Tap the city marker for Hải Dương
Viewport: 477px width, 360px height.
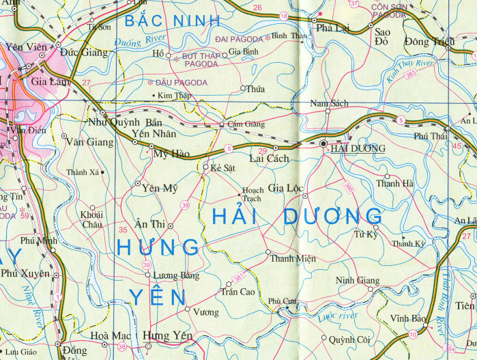click(x=323, y=143)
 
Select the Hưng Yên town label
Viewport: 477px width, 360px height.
click(x=168, y=335)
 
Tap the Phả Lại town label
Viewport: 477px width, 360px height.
click(x=332, y=29)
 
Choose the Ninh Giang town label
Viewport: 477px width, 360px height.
click(x=358, y=280)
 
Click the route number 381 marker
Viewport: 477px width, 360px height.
click(x=238, y=277)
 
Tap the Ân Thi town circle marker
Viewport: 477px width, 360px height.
click(x=171, y=225)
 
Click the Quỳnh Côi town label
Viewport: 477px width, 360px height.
click(x=349, y=339)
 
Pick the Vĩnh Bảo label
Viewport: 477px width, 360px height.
click(x=408, y=319)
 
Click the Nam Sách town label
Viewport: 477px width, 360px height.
click(x=329, y=103)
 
